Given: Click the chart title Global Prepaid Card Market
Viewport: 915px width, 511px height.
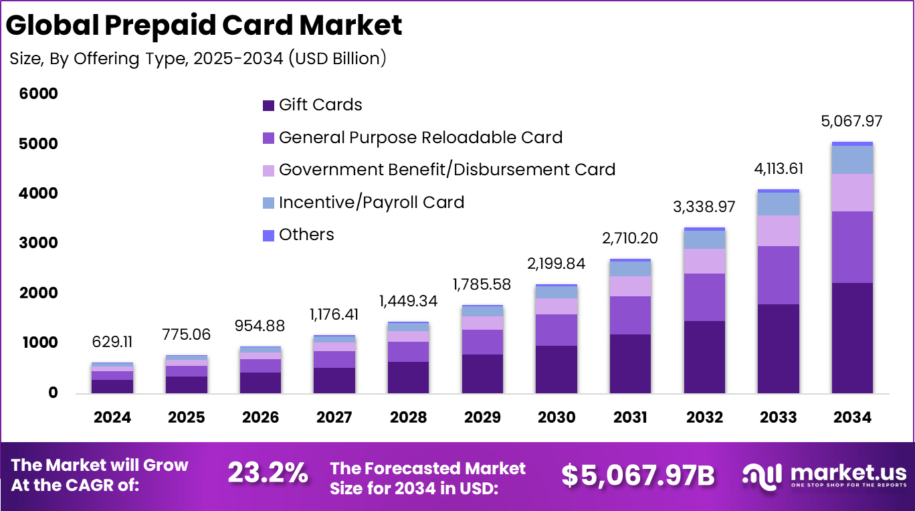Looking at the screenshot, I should (x=204, y=25).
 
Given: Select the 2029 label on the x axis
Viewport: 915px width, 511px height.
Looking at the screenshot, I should (x=482, y=417).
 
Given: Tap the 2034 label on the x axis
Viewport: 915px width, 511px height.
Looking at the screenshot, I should (x=852, y=417).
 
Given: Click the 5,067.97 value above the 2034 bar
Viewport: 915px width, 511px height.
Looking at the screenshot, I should (x=851, y=122).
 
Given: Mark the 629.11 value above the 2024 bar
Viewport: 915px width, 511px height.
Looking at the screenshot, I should (x=112, y=342).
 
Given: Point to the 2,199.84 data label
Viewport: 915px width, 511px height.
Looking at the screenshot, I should (x=556, y=264).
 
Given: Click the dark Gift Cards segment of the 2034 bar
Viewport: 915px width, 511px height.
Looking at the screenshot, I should (x=852, y=338).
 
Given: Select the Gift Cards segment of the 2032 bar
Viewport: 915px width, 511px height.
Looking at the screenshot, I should (x=704, y=356).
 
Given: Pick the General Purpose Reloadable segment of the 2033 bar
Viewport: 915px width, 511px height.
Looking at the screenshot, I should (x=778, y=275).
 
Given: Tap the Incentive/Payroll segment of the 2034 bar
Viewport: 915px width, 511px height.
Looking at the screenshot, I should (x=852, y=159).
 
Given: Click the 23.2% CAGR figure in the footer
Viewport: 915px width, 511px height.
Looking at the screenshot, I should (x=268, y=474).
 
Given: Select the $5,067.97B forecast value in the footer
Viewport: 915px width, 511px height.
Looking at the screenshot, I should (x=637, y=475).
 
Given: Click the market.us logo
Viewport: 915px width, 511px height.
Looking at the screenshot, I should (x=824, y=475).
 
